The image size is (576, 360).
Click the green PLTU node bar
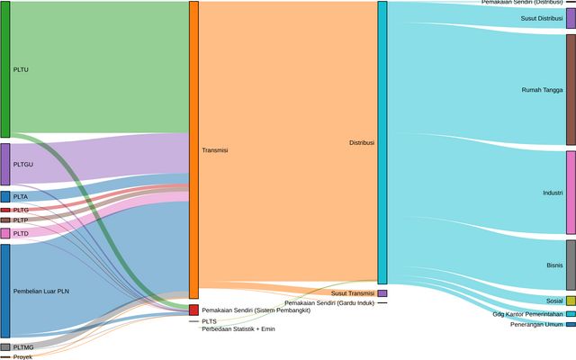[5, 69]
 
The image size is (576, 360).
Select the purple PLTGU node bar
[5, 165]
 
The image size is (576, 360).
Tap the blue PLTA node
[5, 196]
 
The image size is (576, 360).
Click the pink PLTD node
[5, 233]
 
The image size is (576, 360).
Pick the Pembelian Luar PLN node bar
[5, 291]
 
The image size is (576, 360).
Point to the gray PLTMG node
[5, 346]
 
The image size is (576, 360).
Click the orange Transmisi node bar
[193, 150]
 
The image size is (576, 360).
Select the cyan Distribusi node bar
[382, 143]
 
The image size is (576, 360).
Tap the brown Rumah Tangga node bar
[571, 89]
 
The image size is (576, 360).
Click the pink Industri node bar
[571, 193]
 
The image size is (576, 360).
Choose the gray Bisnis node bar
[571, 265]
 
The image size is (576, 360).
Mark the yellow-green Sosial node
[571, 301]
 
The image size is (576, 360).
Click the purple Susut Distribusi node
[571, 18]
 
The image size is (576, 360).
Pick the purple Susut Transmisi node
[382, 293]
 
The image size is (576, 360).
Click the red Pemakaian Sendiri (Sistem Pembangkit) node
[193, 310]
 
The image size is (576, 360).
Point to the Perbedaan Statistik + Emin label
[238, 329]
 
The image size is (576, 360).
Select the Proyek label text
[22, 357]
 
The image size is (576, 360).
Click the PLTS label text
[209, 321]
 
